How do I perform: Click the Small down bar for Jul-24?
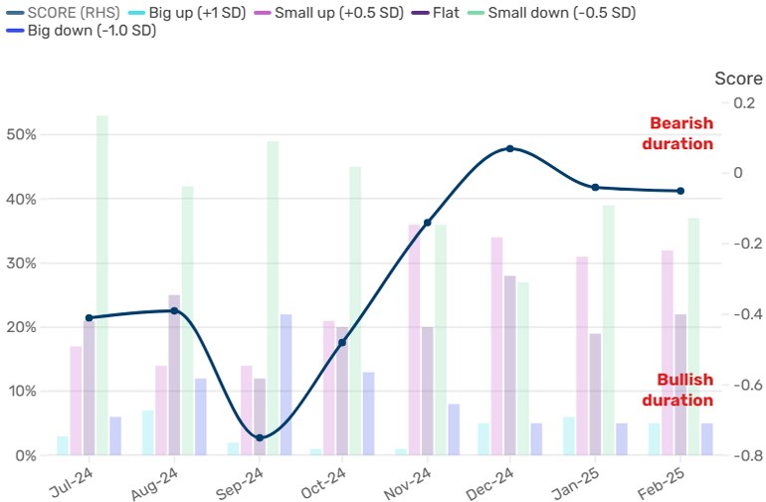[x=101, y=285]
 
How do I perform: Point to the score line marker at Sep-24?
[x=260, y=437]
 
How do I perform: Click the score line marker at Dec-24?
[x=510, y=148]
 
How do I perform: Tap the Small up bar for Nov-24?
[x=415, y=340]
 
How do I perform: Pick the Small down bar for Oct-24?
[x=355, y=311]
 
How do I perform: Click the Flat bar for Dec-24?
[x=510, y=366]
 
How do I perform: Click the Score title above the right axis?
[x=735, y=78]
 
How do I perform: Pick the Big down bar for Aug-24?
[x=200, y=417]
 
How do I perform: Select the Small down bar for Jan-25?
[x=608, y=330]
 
